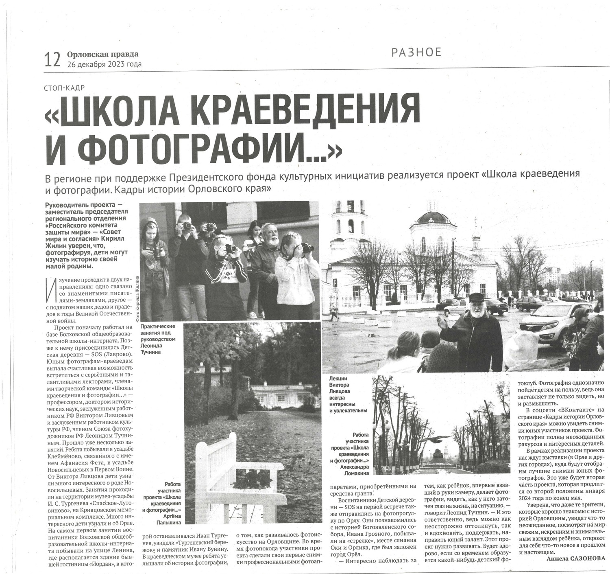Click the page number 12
(x=52, y=59)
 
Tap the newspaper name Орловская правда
(x=102, y=54)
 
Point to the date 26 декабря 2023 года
(x=104, y=64)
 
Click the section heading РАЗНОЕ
(x=416, y=52)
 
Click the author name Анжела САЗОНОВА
(x=575, y=559)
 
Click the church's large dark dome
(x=432, y=217)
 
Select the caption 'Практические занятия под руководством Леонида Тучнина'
(x=157, y=339)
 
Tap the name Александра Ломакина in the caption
(x=354, y=470)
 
